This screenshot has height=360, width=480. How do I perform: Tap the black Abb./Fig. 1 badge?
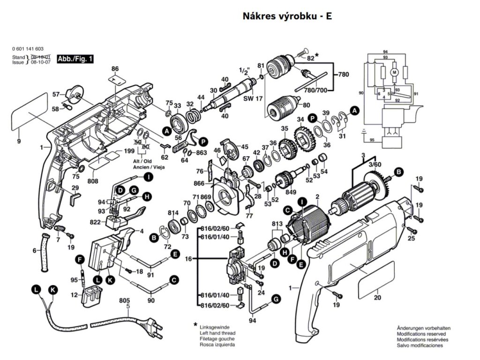(75, 59)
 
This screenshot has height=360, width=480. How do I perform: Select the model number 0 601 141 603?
(29, 49)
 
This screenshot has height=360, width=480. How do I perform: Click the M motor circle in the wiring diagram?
(394, 72)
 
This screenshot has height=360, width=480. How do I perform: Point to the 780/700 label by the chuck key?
(315, 90)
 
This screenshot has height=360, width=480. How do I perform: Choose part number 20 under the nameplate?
(378, 298)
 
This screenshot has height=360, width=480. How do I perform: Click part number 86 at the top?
(115, 69)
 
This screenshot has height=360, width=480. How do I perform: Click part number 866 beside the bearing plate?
(200, 183)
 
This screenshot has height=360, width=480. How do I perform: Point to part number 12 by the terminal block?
(74, 295)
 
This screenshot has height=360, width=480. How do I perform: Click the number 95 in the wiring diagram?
(372, 140)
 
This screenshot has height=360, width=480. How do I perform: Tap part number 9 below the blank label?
(19, 141)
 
